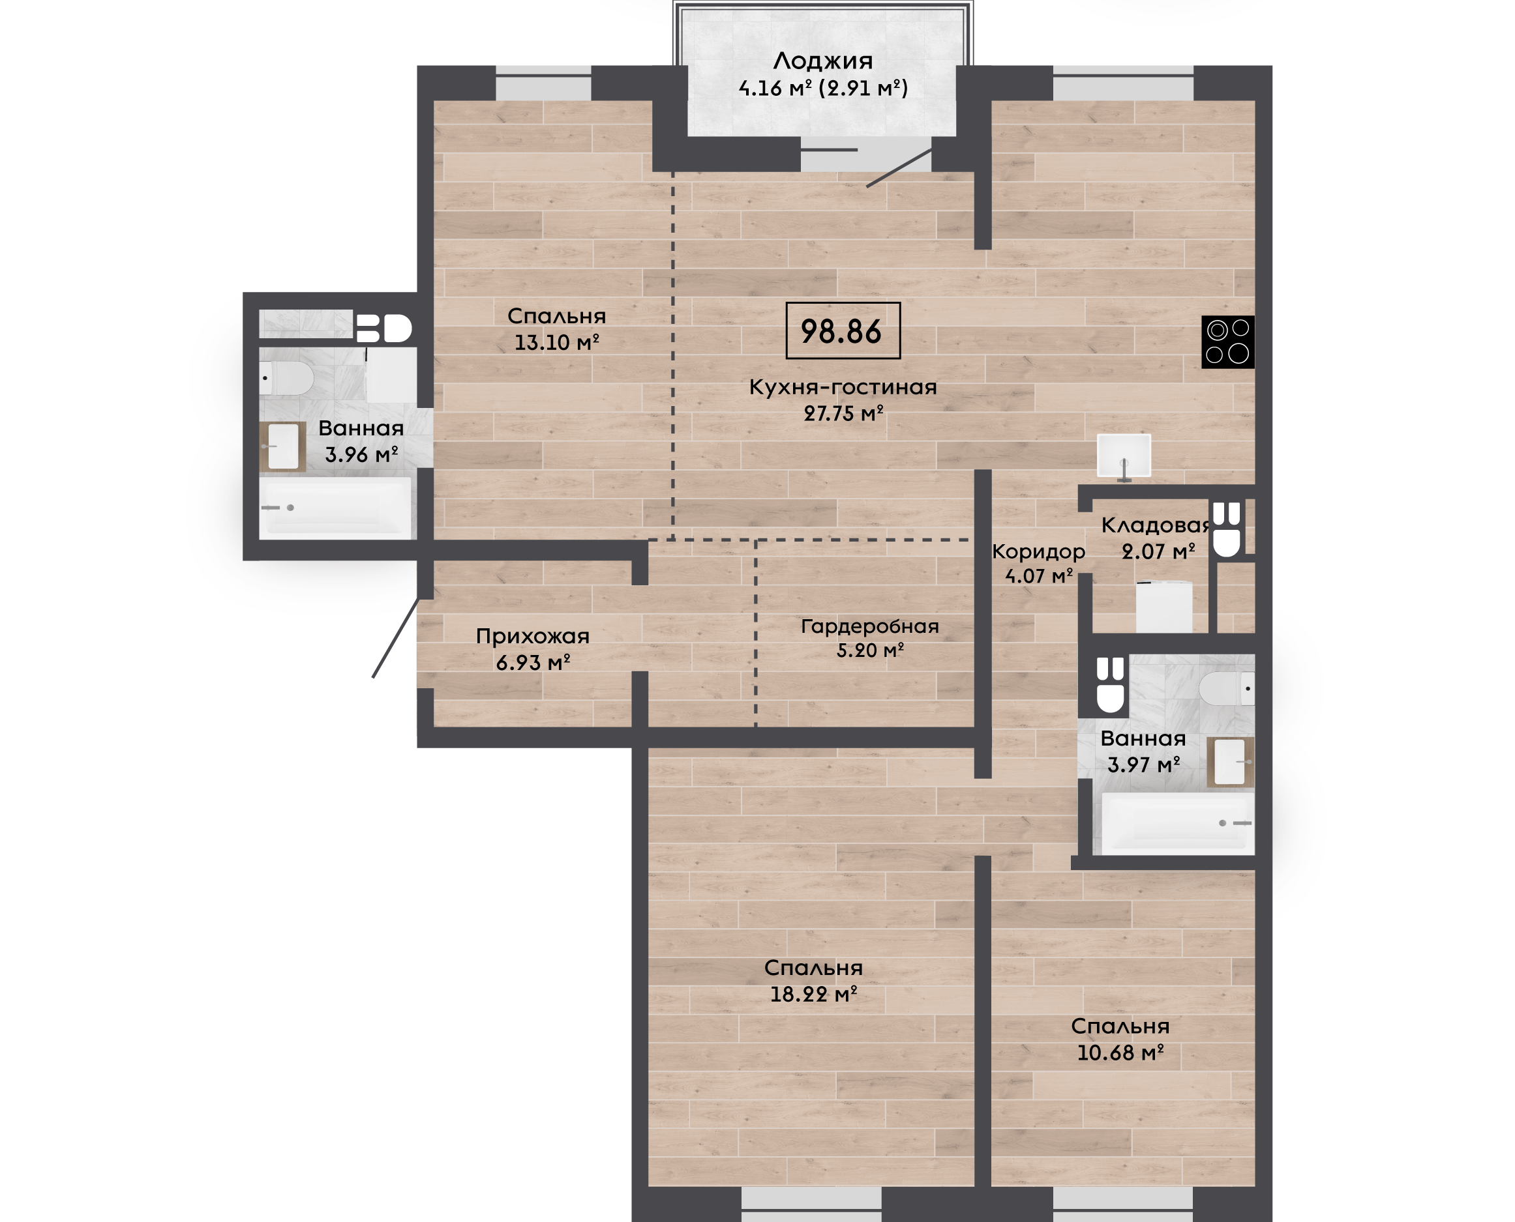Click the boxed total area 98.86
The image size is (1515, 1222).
pos(843,331)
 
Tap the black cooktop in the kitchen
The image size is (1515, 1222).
pos(1227,342)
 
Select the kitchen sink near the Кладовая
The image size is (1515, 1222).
pos(1124,456)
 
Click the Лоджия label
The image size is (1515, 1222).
pos(822,61)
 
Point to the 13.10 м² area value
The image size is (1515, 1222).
pos(556,343)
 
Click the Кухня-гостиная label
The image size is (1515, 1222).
pos(843,386)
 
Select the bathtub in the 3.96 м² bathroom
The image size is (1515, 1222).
pos(335,508)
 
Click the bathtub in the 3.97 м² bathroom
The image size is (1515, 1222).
pos(1178,824)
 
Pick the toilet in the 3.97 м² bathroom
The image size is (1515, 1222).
pos(1227,688)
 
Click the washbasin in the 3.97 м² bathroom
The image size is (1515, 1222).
pos(1231,762)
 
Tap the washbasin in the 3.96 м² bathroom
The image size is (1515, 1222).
pos(283,446)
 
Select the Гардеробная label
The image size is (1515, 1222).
pos(870,626)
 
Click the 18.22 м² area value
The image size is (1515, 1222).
pos(813,995)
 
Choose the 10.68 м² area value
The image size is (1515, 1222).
pos(1120,1053)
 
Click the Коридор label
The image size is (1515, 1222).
pos(1039,552)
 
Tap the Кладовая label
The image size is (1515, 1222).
pos(1156,525)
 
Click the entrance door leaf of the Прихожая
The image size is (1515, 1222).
pos(396,638)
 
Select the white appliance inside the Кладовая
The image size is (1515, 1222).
pos(1164,607)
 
